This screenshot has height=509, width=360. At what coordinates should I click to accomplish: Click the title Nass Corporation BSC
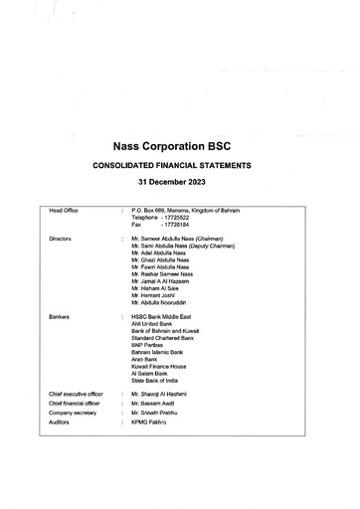pos(180,143)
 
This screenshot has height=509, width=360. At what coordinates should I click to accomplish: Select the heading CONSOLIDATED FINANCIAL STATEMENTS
pos(180,165)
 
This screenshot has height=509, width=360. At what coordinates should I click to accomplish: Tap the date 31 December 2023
pos(180,184)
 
